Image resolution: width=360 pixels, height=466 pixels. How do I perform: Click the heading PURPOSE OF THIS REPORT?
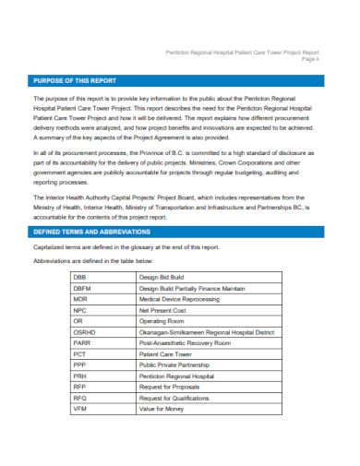click(72, 80)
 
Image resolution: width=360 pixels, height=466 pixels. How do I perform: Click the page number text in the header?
click(335, 59)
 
